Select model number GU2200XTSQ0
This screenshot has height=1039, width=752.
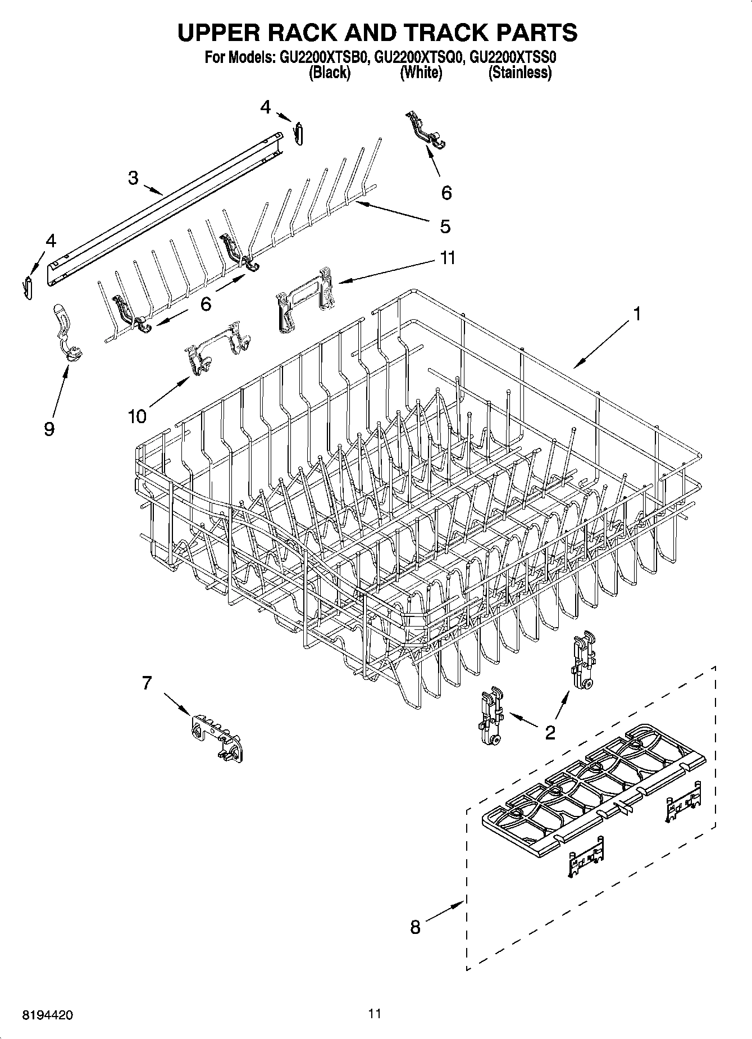(x=419, y=57)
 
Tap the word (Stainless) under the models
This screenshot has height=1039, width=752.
(x=519, y=72)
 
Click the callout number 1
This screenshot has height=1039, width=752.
(x=636, y=314)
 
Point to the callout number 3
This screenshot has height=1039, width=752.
(x=133, y=178)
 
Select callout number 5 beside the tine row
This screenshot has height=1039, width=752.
(x=445, y=226)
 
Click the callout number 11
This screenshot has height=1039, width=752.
(x=448, y=258)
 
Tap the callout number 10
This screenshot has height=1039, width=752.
(x=137, y=416)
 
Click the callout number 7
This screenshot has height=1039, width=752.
(x=147, y=683)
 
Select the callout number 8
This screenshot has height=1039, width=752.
(x=415, y=926)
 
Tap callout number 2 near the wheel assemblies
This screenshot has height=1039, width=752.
(x=550, y=732)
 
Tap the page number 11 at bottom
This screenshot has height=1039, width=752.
(x=375, y=1013)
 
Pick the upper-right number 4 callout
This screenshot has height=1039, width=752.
(x=266, y=107)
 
